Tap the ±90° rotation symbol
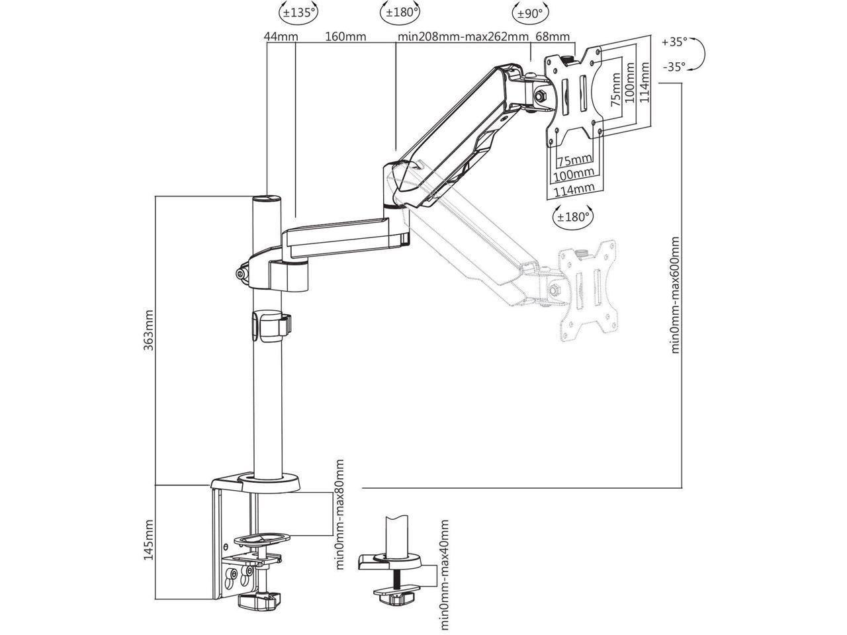[x=527, y=11]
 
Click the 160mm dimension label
[x=345, y=36]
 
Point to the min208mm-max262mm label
[x=463, y=36]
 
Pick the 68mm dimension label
[x=553, y=36]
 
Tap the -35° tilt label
[x=674, y=66]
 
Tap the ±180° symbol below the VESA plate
[x=572, y=217]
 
